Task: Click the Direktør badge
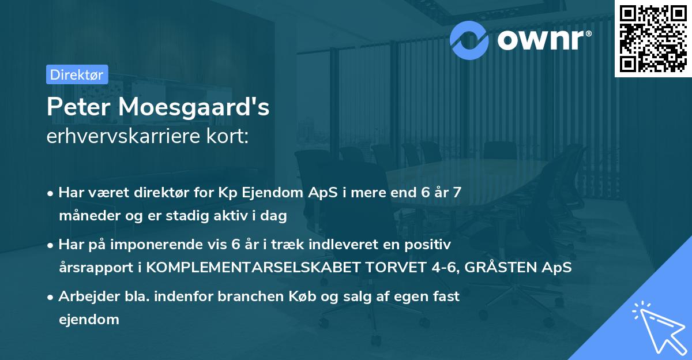point(76,74)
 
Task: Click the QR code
point(652,38)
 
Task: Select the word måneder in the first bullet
point(86,216)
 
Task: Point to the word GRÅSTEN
point(498,268)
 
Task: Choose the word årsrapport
point(92,268)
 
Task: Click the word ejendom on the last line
point(89,319)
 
